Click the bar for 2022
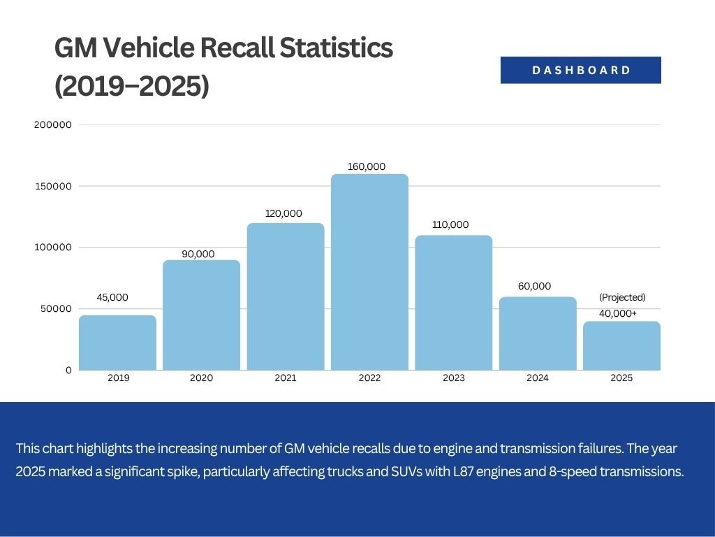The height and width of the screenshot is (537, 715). coord(369,272)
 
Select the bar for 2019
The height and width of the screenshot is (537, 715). coord(117,343)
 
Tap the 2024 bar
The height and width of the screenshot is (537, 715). coord(538,334)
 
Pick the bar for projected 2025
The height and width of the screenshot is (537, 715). coord(621,345)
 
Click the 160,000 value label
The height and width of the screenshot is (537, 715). coord(366,166)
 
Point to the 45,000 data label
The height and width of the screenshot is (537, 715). coord(112,297)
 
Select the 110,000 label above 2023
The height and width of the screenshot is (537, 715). coord(450,224)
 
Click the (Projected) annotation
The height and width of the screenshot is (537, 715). coord(622,297)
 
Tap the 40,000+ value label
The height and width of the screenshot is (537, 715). coord(618,313)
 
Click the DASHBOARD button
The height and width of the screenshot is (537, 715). coord(580,70)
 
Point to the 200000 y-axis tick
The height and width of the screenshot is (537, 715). coord(52,125)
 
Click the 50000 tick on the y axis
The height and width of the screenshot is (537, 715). coord(55,309)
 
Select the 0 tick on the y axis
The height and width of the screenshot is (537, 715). coord(68,370)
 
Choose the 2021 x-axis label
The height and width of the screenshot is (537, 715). coord(285,378)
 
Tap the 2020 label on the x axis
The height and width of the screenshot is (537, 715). coord(201,378)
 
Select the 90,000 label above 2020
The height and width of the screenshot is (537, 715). coord(198,254)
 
